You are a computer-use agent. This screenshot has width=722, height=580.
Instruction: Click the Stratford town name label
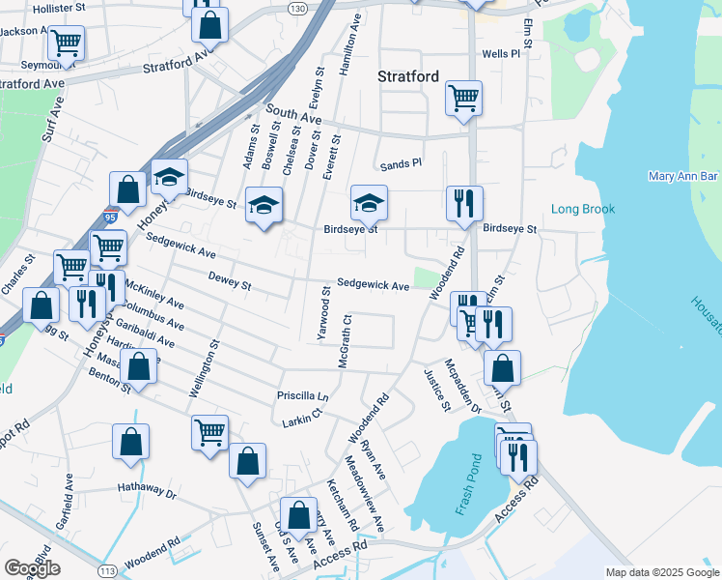tap(408, 75)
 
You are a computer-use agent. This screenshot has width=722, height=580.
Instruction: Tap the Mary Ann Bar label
tap(683, 177)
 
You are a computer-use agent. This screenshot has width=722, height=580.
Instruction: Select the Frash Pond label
tap(464, 483)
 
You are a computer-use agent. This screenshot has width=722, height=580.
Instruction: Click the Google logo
tap(32, 568)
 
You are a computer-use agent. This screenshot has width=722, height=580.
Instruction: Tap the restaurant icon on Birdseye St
tap(464, 203)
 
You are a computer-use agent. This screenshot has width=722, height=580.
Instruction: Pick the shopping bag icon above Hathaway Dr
tap(131, 441)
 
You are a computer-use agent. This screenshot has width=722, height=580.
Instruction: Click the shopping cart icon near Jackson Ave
tap(67, 42)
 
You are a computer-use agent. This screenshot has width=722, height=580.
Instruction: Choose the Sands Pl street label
tap(401, 164)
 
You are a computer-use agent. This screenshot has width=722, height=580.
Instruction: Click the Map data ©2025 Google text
tap(661, 572)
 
